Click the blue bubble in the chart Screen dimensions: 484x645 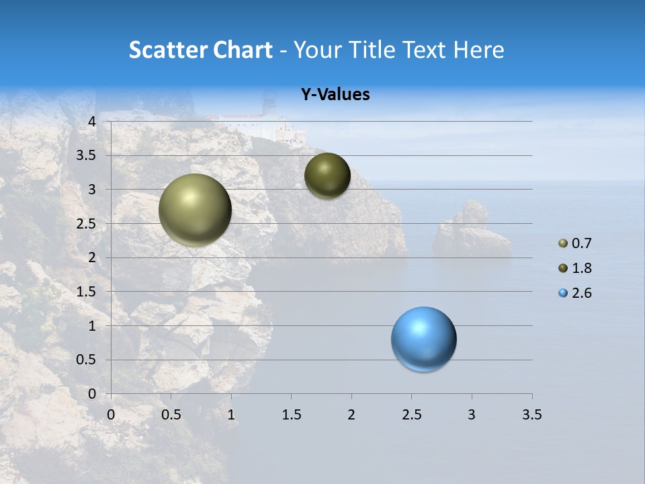pyautogui.click(x=423, y=339)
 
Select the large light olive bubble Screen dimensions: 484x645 pyautogui.click(x=195, y=210)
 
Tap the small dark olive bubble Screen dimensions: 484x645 pyautogui.click(x=327, y=175)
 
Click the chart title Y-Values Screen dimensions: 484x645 pyautogui.click(x=335, y=95)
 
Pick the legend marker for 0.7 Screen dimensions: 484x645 pyautogui.click(x=563, y=243)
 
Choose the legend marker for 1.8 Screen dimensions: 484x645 pyautogui.click(x=563, y=268)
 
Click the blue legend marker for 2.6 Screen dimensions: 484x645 pyautogui.click(x=563, y=293)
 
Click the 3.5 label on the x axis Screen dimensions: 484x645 pyautogui.click(x=531, y=415)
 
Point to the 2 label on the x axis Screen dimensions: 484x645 pyautogui.click(x=351, y=415)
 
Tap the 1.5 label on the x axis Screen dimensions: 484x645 pyautogui.click(x=291, y=415)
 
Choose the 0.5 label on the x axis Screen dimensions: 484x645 pyautogui.click(x=171, y=415)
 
